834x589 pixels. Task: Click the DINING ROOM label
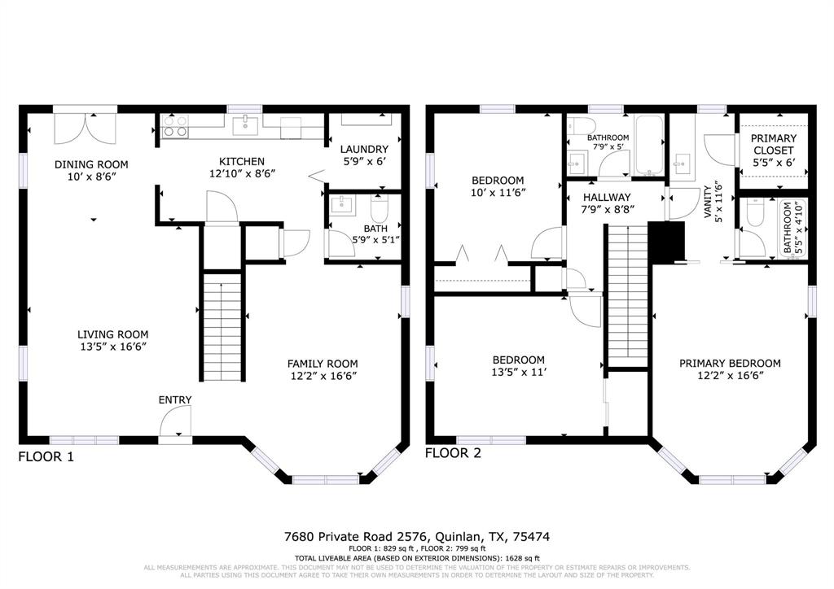point(91,164)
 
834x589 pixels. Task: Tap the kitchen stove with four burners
point(175,125)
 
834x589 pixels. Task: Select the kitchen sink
point(244,125)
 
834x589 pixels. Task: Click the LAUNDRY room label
point(364,149)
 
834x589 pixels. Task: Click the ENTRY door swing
point(174,423)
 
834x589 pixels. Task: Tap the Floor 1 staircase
point(222,325)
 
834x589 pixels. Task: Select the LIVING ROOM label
point(113,334)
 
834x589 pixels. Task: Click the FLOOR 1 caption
point(46,457)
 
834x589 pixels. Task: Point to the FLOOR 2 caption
point(453,452)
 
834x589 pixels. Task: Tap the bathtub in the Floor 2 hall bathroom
point(649,146)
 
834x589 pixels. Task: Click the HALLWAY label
point(607,197)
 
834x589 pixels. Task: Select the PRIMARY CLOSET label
point(774,144)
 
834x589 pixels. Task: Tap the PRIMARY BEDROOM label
point(730,363)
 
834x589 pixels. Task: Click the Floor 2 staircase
point(626,297)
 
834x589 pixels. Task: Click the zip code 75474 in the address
point(530,537)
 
